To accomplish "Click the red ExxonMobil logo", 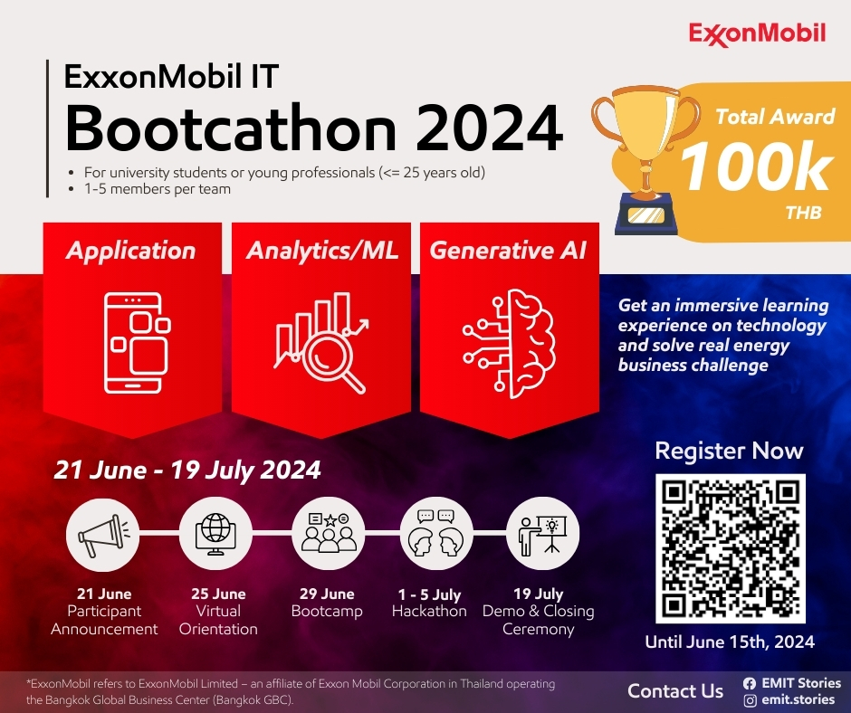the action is pos(757,34).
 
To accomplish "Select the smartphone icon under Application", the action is pos(137,342).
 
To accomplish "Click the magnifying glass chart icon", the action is pos(321,342).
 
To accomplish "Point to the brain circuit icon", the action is pos(509,344).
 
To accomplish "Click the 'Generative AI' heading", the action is pos(508,250).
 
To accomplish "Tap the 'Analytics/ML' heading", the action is pos(321,251).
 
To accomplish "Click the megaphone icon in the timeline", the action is pos(103,535).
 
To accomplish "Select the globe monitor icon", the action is pos(215,534).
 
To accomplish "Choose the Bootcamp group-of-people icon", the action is pos(329,533).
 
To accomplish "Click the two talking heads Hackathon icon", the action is pos(435,533).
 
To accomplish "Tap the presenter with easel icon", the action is pos(542,536).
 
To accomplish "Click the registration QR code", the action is pos(730,548).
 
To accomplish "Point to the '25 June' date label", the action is pos(218,594).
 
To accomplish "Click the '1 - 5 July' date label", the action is pos(429,594).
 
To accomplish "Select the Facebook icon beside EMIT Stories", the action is pos(750,684).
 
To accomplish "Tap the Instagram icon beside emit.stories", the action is pos(750,700).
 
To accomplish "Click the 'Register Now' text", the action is pos(729,451).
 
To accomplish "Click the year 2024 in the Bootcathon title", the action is pos(490,128).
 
